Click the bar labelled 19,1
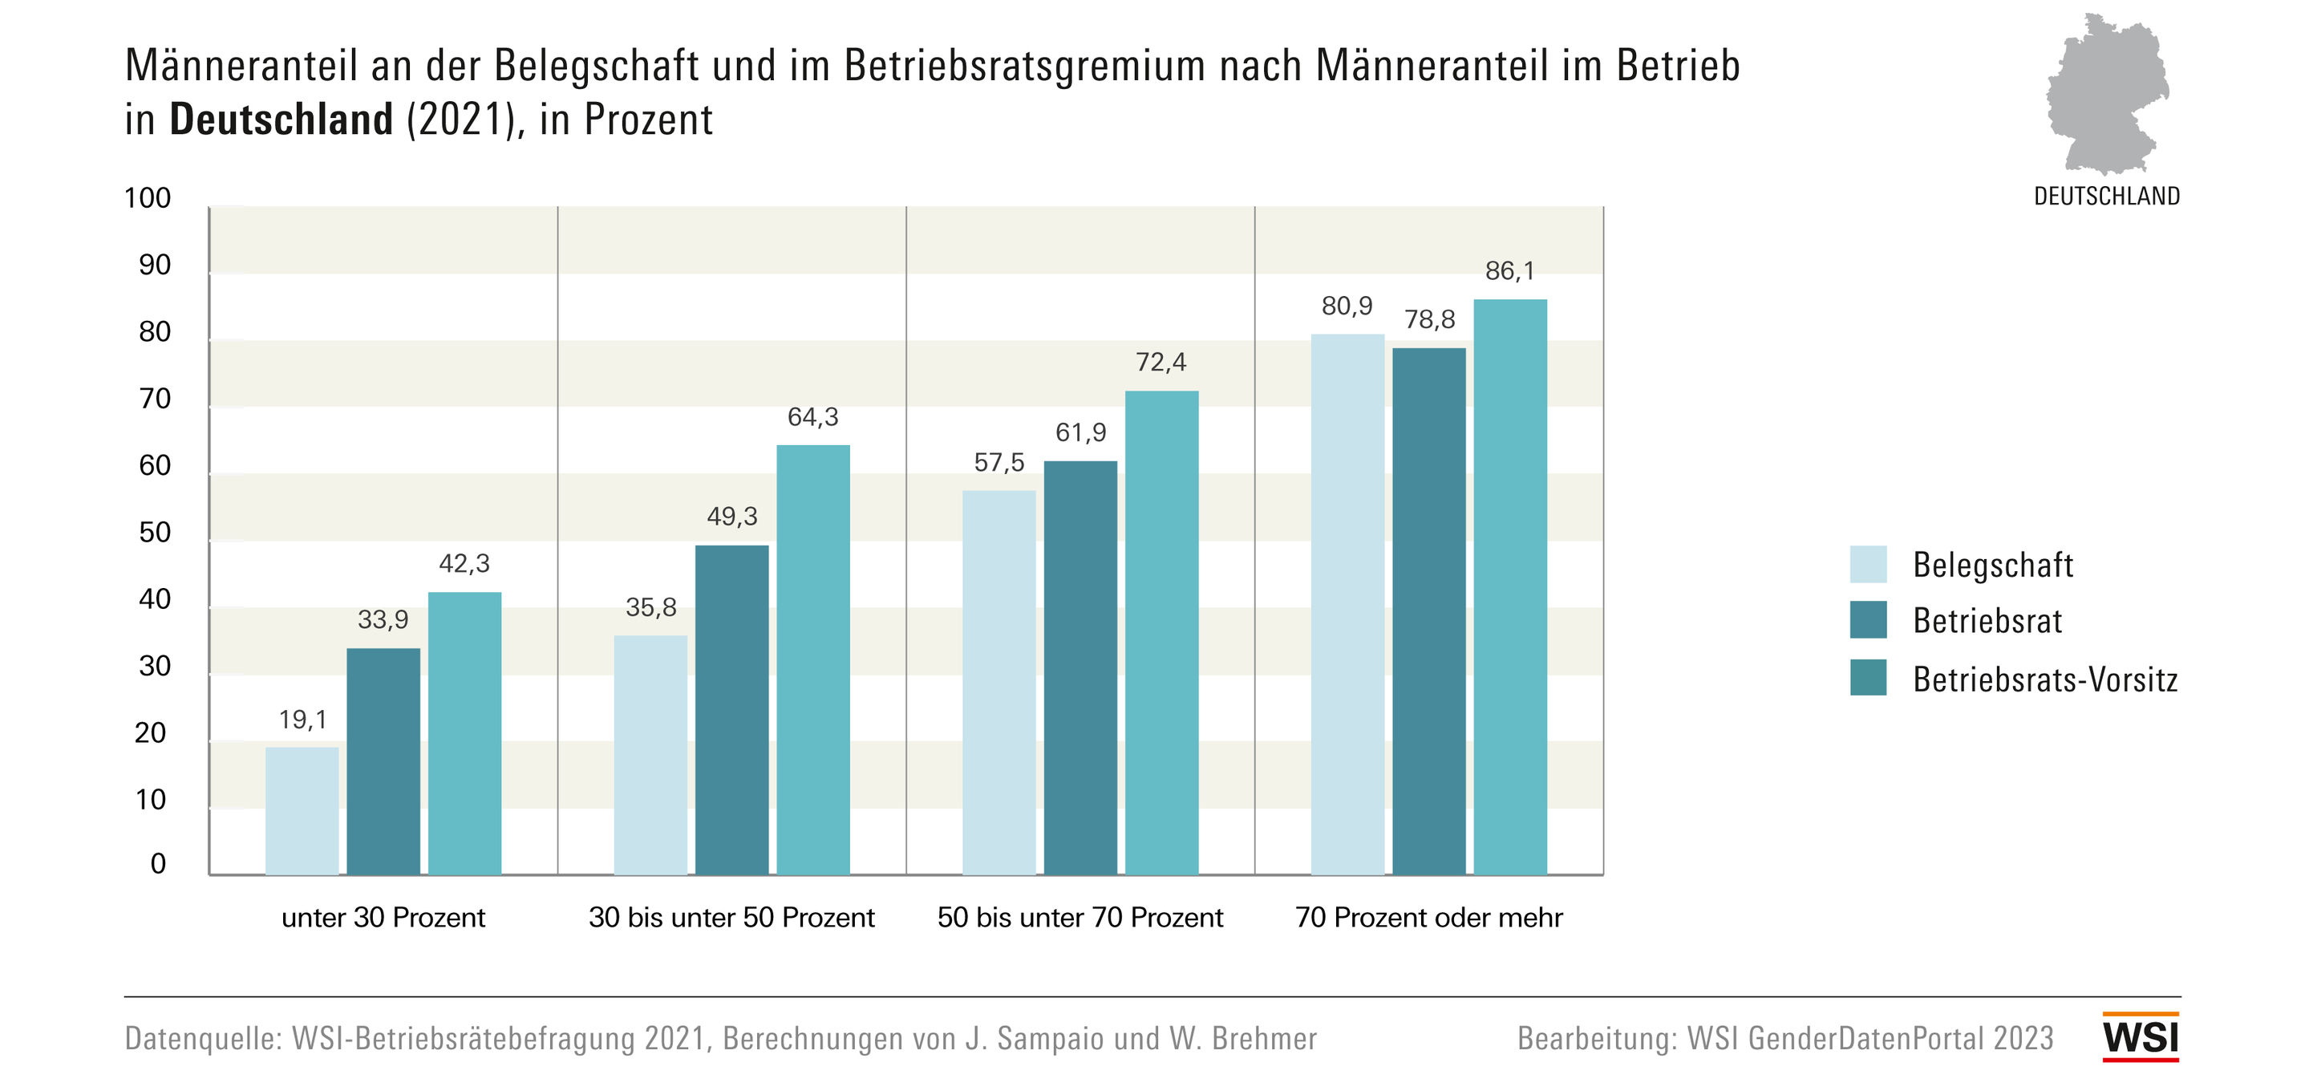click(x=302, y=810)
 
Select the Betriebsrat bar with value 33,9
click(x=383, y=761)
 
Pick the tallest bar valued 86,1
click(x=1509, y=586)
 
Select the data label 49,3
click(x=731, y=517)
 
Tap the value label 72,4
click(x=1160, y=362)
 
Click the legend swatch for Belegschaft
click(x=1867, y=564)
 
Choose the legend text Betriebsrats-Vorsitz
click(x=2044, y=679)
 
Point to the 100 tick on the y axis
click(x=147, y=198)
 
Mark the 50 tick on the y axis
click(x=154, y=533)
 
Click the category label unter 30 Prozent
click(x=383, y=917)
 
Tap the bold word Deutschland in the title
click(x=282, y=120)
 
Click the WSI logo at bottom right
click(x=2140, y=1037)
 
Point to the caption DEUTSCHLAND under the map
click(x=2106, y=197)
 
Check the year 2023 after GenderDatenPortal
click(x=2023, y=1038)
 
